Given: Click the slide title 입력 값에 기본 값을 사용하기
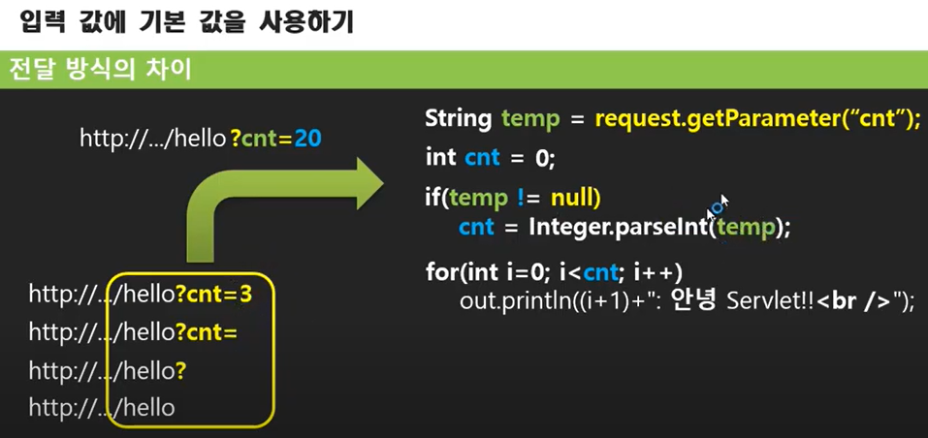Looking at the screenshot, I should (185, 21).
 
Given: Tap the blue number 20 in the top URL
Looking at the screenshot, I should (308, 139).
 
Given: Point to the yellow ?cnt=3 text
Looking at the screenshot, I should (214, 294).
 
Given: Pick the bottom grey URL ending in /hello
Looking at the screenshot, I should (102, 408).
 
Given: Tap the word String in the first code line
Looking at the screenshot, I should (459, 119).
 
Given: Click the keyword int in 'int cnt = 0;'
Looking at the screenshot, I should (441, 157).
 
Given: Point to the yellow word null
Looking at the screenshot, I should (576, 199).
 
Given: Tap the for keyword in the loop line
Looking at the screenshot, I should (441, 270).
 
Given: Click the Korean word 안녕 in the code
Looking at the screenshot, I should (693, 300).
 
